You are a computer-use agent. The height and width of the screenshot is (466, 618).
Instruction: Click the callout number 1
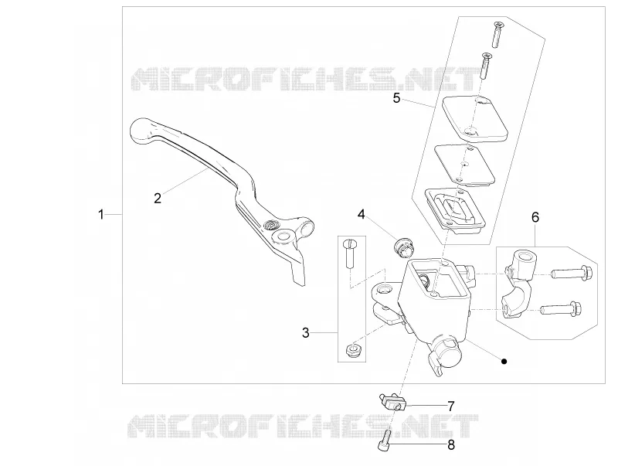101,215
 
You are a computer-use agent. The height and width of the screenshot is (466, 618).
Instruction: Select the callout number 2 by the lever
158,199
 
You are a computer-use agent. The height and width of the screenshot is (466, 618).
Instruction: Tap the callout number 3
306,333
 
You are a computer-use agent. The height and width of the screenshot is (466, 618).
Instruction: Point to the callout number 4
362,214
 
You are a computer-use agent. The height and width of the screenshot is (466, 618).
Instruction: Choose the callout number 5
396,98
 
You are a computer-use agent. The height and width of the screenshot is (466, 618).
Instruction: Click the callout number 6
535,217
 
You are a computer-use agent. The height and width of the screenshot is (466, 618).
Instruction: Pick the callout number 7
451,406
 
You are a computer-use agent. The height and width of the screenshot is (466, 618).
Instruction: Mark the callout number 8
451,445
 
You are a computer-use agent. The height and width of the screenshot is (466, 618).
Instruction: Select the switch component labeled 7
392,403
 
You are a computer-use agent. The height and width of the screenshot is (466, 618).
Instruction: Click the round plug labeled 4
402,247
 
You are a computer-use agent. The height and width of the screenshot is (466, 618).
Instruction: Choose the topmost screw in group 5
497,35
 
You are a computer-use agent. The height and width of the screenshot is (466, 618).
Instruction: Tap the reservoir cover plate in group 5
475,118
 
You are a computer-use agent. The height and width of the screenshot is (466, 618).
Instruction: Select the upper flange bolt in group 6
571,273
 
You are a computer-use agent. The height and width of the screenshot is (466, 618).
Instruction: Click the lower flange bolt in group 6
562,308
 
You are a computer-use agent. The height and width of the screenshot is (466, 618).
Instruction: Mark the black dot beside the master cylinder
504,361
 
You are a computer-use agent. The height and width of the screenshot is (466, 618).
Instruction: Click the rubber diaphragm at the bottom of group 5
455,209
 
